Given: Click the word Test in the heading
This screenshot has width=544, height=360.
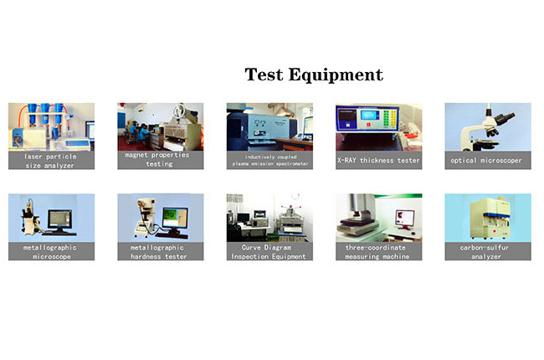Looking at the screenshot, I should (x=264, y=75).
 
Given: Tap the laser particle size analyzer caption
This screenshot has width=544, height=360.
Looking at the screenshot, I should (x=51, y=160).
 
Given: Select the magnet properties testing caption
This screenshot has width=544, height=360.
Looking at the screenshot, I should (x=160, y=159).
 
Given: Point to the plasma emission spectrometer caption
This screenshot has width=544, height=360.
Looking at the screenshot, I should (x=269, y=160).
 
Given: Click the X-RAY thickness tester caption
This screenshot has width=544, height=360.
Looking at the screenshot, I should (x=378, y=160).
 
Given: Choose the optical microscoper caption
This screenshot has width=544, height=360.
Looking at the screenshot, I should (x=487, y=160).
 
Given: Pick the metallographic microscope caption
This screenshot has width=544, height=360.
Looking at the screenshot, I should (x=51, y=251).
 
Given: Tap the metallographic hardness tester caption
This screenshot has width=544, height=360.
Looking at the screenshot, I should (x=160, y=251).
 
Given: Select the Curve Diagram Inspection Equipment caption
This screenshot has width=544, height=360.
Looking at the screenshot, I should (x=269, y=251).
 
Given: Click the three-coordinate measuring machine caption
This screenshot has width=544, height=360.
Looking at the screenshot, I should (x=378, y=251).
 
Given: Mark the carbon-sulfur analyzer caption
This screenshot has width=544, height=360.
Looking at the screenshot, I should (x=487, y=251).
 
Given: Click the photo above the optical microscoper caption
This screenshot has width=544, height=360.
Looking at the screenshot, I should (x=487, y=126).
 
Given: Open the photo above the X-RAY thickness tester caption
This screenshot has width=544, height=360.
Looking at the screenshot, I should (x=378, y=126).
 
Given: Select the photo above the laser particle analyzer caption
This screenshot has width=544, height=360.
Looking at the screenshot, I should (x=51, y=126).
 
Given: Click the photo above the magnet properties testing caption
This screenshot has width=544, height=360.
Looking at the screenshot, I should (x=160, y=126).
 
